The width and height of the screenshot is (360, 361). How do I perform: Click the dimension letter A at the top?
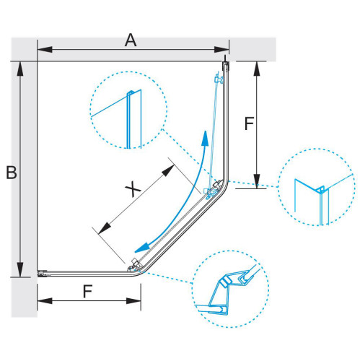pos(131,40)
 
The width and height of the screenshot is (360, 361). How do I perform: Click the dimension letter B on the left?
pos(12,172)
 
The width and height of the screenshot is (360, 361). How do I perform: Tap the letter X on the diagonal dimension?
pos(133,188)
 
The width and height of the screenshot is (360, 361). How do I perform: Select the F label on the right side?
pos(249,123)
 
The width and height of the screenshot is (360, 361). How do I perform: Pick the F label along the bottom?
pos(87,291)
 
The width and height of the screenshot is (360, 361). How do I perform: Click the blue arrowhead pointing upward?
pos(205,139)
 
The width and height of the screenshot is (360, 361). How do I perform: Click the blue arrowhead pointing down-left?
pos(142,248)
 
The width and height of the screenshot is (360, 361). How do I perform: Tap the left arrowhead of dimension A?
pos(45,50)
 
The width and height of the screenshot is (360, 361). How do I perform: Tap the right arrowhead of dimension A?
pos(221,50)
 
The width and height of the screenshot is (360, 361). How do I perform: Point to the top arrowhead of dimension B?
pos(20,69)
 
